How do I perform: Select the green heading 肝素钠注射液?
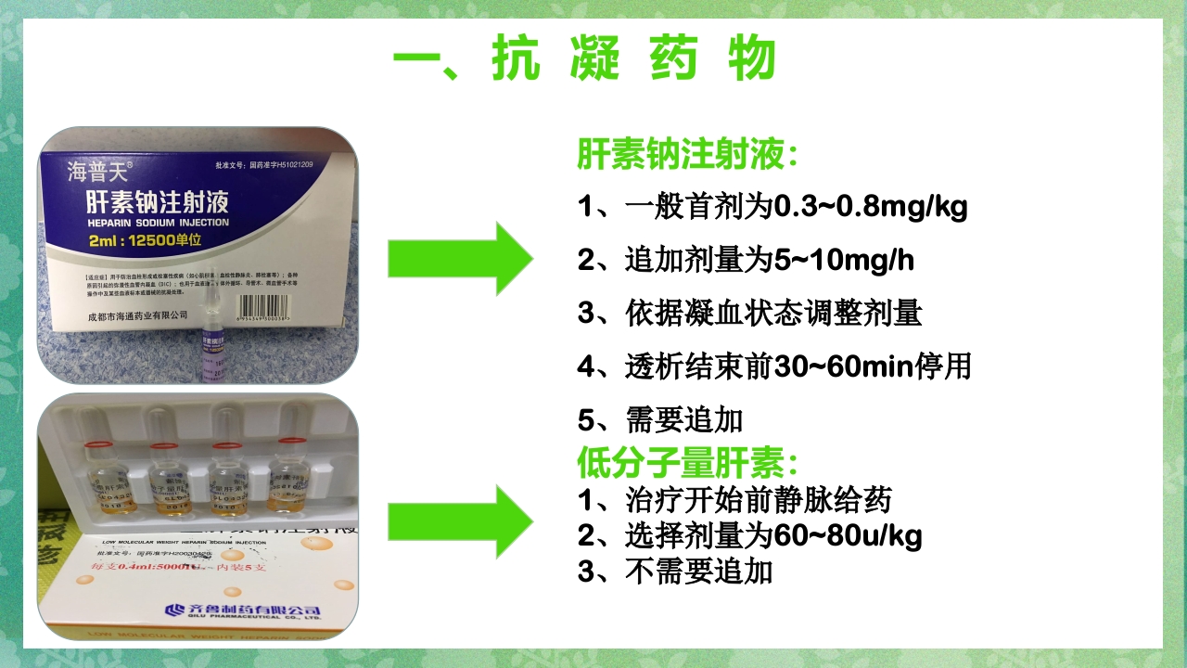[x=687, y=154]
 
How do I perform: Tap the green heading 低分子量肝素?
[x=687, y=461]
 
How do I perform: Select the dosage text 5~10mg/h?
[x=843, y=260]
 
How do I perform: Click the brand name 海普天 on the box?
[x=99, y=170]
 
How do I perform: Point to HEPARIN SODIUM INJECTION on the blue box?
[x=157, y=223]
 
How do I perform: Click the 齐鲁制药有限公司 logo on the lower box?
[x=242, y=610]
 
